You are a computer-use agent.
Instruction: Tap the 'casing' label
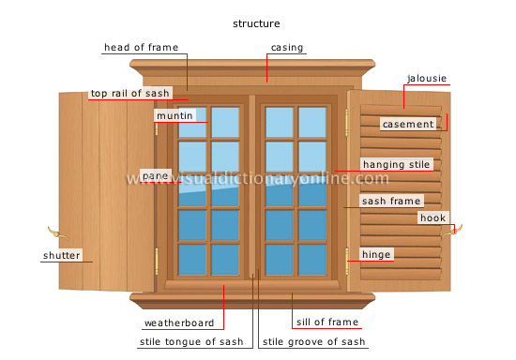pyautogui.click(x=286, y=48)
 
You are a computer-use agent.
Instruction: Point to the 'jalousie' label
pyautogui.click(x=427, y=78)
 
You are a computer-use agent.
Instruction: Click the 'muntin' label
pyautogui.click(x=175, y=115)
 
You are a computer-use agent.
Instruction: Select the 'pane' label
pyautogui.click(x=154, y=175)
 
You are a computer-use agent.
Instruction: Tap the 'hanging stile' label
pyautogui.click(x=396, y=164)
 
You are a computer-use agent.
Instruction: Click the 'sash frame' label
pyautogui.click(x=391, y=200)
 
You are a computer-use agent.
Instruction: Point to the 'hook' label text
pyautogui.click(x=433, y=217)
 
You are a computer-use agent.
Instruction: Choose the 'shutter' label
pyautogui.click(x=61, y=255)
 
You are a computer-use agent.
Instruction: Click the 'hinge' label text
pyautogui.click(x=376, y=254)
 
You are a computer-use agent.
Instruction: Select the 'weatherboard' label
pyautogui.click(x=179, y=322)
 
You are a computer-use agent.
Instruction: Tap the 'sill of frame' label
pyautogui.click(x=327, y=322)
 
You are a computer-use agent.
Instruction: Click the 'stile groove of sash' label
pyautogui.click(x=313, y=341)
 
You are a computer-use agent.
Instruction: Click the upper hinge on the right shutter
pyautogui.click(x=348, y=121)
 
